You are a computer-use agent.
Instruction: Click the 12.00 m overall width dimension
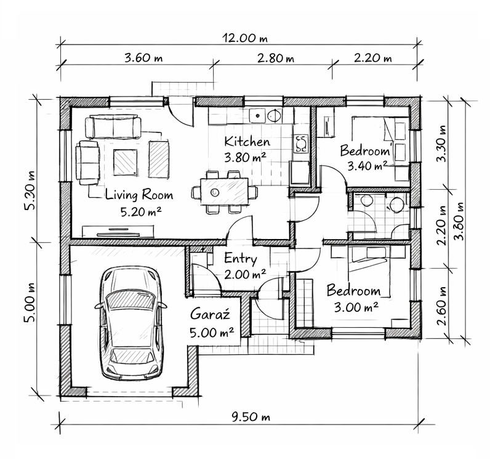coord(245,38)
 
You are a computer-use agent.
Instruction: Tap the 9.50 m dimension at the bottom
coord(251,416)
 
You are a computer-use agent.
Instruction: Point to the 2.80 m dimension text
coord(276,58)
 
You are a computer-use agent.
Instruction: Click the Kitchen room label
coord(247,142)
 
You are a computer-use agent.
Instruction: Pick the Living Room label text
coord(139,195)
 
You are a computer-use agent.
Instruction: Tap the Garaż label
coord(210,314)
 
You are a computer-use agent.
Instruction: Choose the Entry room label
coord(241,259)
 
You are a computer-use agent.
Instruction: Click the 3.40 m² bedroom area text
coord(367,165)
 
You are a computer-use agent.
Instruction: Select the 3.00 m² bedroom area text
coord(356,307)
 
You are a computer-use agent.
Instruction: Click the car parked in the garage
coord(131,323)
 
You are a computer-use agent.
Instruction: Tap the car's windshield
coord(131,300)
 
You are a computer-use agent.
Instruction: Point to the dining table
coord(224,192)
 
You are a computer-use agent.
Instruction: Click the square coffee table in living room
coord(126,162)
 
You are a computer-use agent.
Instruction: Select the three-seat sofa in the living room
coord(113,127)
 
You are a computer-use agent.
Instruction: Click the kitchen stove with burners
coord(301,144)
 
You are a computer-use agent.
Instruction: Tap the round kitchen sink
coord(275,115)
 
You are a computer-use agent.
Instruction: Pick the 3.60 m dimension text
coord(143,58)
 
